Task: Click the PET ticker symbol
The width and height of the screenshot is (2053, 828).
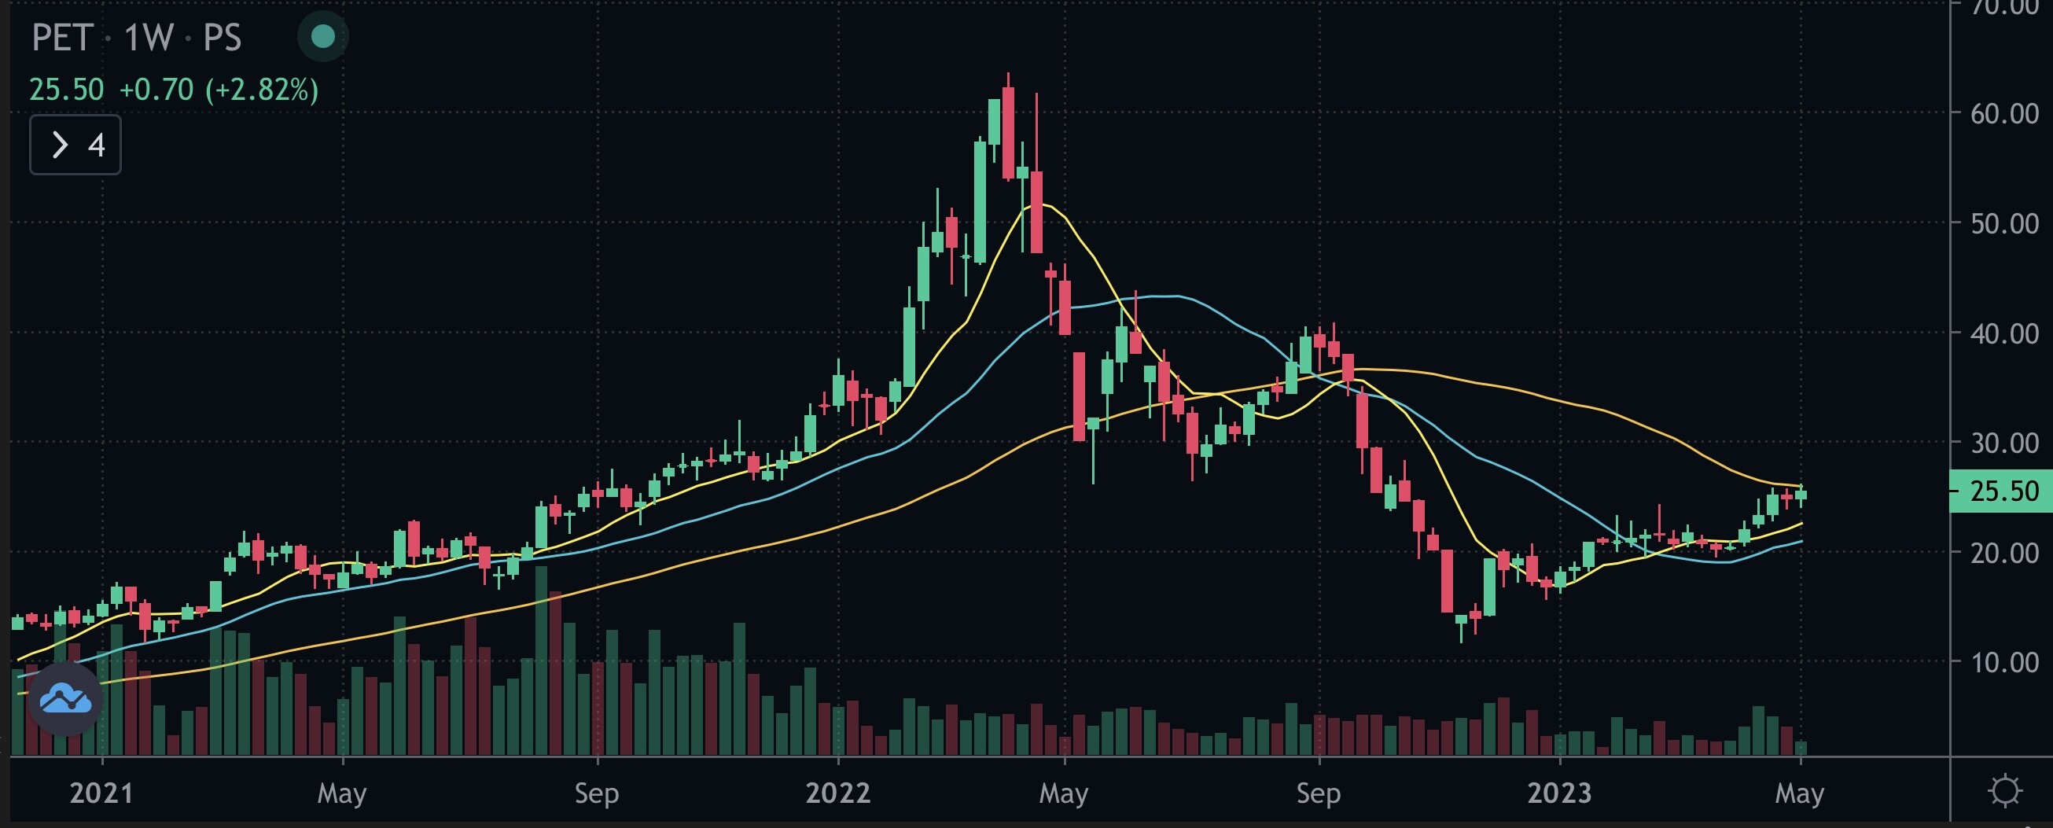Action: (62, 38)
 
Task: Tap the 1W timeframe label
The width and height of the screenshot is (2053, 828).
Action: (149, 38)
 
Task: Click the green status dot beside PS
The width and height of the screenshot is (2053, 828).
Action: (323, 36)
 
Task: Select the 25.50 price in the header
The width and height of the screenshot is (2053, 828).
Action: (66, 90)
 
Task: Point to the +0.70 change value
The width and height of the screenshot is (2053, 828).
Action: (156, 90)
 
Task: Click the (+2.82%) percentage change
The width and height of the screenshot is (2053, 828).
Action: (262, 90)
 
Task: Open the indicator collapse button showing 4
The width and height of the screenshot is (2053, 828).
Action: (75, 144)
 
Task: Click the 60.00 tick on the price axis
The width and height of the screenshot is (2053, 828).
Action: (2003, 114)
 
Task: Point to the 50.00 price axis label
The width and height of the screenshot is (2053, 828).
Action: (2003, 224)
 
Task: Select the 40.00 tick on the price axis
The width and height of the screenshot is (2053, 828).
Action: (2003, 333)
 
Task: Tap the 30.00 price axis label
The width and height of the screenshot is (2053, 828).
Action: (2003, 443)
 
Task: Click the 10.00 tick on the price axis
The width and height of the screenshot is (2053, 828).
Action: (2003, 662)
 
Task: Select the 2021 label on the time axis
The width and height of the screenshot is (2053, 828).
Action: (101, 793)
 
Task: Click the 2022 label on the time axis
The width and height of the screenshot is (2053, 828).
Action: (837, 793)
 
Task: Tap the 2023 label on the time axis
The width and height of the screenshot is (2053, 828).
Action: (1559, 793)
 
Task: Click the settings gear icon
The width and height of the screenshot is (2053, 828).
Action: (2004, 791)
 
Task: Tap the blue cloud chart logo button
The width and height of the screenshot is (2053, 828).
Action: (65, 699)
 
